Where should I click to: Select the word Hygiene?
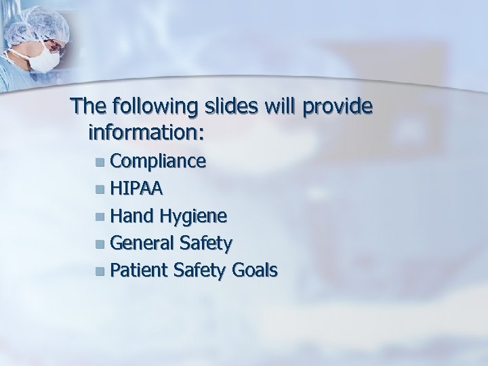point(194,216)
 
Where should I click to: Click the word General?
point(143,243)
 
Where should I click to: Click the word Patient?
point(139,271)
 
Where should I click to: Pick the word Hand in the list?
point(134,216)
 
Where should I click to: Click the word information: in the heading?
point(145,131)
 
